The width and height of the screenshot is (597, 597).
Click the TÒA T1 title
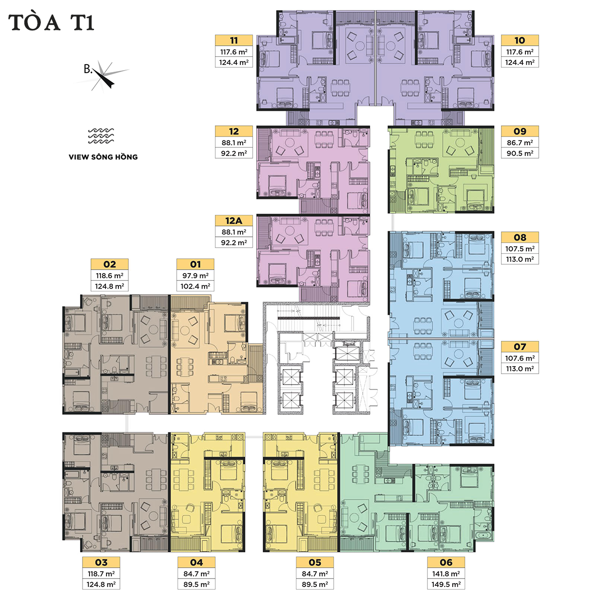[51, 22]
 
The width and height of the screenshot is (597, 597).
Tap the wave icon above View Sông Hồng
[101, 136]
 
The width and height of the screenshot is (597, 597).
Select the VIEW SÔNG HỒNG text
[103, 157]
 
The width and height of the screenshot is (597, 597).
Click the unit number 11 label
[234, 40]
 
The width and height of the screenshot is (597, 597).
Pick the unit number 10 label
[520, 40]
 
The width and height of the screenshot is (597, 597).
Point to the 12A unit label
[234, 220]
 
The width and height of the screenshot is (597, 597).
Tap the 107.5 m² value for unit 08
[520, 249]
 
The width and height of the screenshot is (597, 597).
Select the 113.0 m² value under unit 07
[520, 369]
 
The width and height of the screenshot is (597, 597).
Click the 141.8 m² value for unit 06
[446, 574]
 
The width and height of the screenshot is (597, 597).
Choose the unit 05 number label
[315, 562]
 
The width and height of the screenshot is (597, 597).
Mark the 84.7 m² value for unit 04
[197, 574]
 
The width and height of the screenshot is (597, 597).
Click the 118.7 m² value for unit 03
[101, 574]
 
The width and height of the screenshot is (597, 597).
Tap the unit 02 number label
[109, 264]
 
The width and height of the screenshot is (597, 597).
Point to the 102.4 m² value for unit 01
[196, 286]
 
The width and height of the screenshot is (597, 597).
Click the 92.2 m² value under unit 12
[234, 153]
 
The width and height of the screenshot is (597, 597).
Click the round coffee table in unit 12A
[290, 232]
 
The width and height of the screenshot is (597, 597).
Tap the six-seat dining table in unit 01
[185, 368]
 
